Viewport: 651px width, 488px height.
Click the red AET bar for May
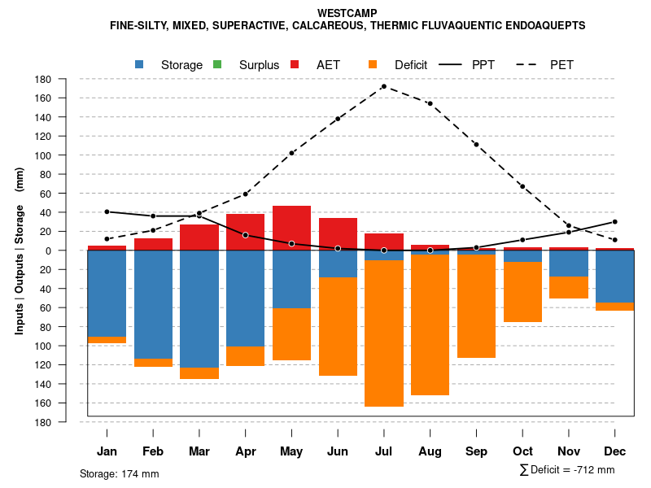point(291,228)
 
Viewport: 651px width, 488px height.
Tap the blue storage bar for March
point(199,309)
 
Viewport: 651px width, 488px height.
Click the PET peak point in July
point(384,86)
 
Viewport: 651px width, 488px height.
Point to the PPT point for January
point(107,211)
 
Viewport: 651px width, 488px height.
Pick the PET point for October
point(522,186)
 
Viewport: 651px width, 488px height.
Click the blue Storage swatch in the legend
point(140,64)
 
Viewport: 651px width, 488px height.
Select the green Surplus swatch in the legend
point(217,64)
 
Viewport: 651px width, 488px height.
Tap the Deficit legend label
point(411,65)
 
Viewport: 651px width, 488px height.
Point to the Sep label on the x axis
point(476,451)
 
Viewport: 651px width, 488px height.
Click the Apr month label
point(246,451)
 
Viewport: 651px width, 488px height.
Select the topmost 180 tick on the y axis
point(44,79)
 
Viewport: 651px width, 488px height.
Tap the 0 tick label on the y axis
point(49,251)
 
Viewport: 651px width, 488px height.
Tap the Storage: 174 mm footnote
point(119,473)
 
